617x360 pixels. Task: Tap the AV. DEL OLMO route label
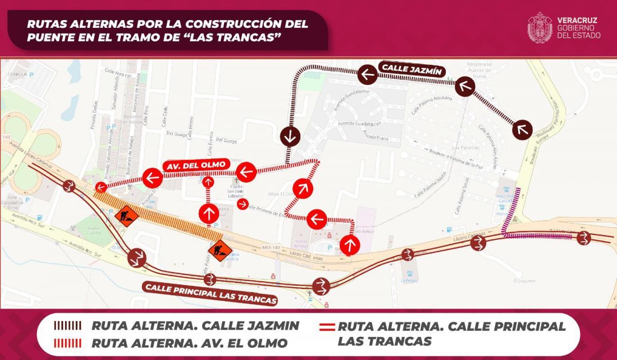(195, 165)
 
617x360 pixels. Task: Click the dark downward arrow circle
(291, 136)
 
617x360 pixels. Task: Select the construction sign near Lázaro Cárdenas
(217, 250)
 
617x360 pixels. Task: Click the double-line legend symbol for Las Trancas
(328, 327)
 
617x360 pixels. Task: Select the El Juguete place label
(524, 281)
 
